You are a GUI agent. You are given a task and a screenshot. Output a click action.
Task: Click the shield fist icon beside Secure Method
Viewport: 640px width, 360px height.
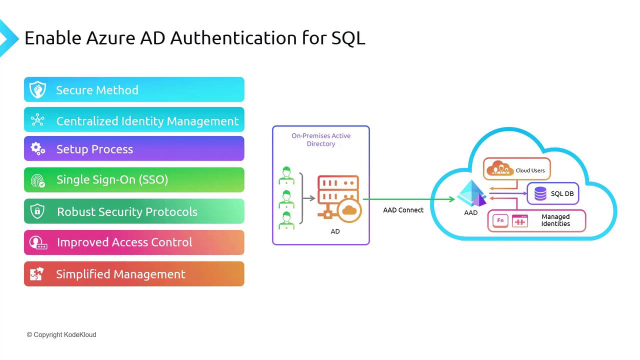coord(37,89)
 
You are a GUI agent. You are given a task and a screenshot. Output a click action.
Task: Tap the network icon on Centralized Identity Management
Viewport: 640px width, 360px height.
coord(37,119)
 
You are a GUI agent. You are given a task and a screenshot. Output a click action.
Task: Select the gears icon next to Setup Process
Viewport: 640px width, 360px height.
coord(37,149)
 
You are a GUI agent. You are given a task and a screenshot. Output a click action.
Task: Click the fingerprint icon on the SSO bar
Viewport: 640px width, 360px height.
coord(37,180)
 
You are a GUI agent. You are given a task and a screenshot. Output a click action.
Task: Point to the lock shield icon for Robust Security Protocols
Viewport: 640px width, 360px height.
coord(37,211)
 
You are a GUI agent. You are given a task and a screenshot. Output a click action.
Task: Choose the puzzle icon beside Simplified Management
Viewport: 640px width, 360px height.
coord(37,274)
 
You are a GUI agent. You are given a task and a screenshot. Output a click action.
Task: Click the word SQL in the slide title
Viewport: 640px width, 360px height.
coord(348,38)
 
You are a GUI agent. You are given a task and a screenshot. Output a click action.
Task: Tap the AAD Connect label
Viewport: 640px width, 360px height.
coord(403,210)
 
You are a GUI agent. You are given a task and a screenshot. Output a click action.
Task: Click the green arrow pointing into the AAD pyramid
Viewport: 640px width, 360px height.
coord(409,199)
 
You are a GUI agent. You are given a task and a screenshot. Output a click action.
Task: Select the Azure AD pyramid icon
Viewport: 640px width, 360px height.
coord(471,193)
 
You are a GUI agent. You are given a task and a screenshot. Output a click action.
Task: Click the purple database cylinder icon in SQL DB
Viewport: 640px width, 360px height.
coord(540,193)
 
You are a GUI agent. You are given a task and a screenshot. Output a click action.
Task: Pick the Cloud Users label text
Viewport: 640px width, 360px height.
coord(530,170)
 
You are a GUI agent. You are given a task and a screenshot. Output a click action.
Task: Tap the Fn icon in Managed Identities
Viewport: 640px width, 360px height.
coord(500,220)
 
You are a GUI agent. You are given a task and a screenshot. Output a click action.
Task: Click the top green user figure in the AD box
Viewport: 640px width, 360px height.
coord(286,175)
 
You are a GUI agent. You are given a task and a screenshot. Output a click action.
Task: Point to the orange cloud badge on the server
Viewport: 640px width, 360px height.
coord(349,210)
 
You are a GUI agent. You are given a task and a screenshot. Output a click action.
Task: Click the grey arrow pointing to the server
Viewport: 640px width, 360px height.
coord(309,198)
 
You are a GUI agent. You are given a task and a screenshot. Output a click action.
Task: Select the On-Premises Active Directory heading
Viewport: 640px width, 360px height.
coord(321,139)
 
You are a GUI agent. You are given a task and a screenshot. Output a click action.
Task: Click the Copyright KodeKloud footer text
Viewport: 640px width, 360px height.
coord(61,334)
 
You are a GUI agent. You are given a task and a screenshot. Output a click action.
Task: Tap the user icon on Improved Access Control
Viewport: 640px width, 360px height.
coord(38,243)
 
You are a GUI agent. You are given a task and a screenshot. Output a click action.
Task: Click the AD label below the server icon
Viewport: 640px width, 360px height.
coord(335,231)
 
